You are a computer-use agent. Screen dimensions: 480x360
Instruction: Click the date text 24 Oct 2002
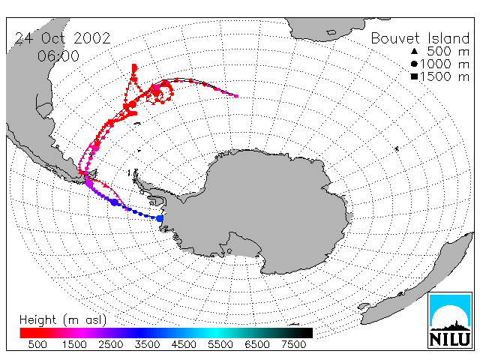point(63,38)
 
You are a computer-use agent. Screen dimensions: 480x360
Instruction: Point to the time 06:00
point(58,56)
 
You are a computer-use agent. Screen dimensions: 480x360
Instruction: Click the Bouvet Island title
point(420,38)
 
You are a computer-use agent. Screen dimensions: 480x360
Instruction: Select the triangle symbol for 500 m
point(414,51)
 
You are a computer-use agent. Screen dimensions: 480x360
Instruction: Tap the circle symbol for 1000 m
point(414,64)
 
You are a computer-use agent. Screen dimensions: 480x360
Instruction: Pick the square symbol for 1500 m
point(414,76)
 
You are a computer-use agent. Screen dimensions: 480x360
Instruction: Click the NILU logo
point(450,320)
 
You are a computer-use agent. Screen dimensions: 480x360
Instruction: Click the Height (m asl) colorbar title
point(63,320)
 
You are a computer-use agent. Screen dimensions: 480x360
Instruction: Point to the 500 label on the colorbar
point(37,344)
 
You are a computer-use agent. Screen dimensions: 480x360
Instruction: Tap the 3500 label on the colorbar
point(147,344)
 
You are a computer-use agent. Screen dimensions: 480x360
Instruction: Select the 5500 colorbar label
point(220,344)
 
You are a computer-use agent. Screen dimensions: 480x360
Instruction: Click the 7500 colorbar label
point(293,344)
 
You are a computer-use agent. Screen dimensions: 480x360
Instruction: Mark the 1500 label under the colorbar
point(74,344)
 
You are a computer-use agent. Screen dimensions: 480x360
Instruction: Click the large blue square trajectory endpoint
point(160,218)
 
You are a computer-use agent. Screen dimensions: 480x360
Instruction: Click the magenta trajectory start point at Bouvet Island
point(236,96)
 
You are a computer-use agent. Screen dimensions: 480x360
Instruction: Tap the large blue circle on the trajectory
point(115,202)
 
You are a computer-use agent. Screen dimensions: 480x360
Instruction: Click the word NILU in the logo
point(450,340)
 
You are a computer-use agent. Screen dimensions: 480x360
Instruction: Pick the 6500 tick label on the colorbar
point(256,344)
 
